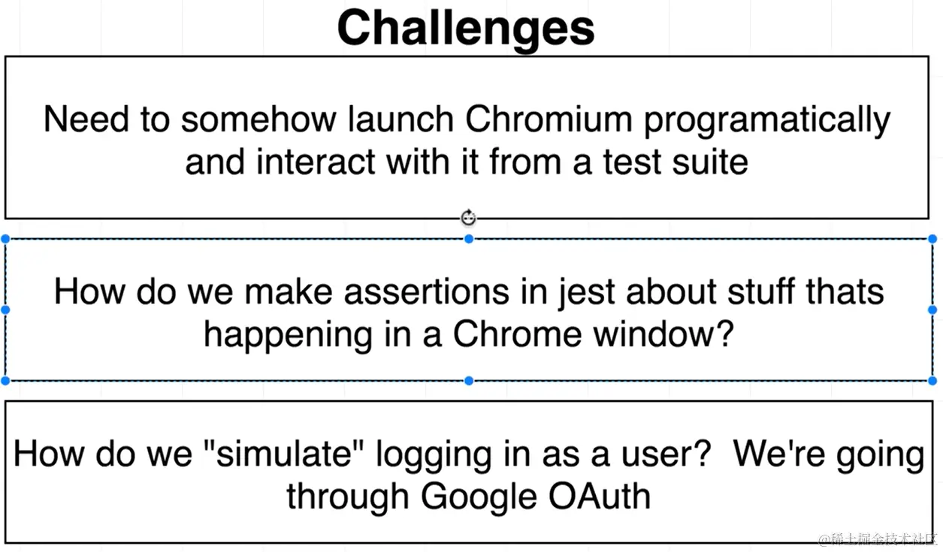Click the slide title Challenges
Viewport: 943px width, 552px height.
coord(466,29)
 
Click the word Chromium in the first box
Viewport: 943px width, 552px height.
coord(549,119)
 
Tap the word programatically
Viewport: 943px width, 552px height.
coord(767,121)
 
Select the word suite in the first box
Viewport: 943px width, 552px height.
coord(710,162)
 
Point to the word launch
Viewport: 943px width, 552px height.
coord(401,119)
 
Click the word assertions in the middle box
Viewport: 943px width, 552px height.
coord(427,292)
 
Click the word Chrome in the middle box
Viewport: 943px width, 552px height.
coord(517,334)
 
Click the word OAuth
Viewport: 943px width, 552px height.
coord(600,496)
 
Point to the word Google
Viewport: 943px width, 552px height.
coord(479,497)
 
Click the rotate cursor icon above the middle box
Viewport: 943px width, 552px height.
coord(469,218)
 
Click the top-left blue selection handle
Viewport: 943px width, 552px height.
coord(5,239)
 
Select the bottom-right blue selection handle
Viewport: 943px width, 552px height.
coord(932,381)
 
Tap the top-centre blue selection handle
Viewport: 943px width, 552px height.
coord(469,239)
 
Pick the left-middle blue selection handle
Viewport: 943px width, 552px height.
coord(5,310)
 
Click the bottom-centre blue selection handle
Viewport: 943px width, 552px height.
coord(469,381)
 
